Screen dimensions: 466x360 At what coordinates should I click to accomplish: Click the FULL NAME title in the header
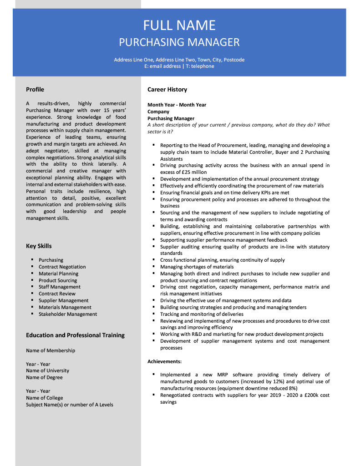[179, 25]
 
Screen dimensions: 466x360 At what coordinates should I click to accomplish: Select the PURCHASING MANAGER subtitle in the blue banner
[179, 42]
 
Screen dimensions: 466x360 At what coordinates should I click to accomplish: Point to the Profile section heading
[35, 90]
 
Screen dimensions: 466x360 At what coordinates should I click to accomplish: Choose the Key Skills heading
[39, 246]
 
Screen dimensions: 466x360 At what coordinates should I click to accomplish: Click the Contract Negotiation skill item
[62, 267]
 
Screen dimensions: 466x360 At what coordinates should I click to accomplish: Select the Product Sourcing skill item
[58, 280]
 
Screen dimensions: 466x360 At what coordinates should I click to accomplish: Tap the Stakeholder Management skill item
[68, 314]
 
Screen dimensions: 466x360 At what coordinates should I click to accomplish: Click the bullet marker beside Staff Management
[32, 287]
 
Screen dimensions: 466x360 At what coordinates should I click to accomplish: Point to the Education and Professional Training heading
[75, 335]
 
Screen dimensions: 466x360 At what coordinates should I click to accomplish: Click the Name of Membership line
[51, 351]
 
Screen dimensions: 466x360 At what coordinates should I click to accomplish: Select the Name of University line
[47, 371]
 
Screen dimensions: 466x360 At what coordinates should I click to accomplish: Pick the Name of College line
[45, 398]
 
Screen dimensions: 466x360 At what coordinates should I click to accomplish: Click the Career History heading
[167, 90]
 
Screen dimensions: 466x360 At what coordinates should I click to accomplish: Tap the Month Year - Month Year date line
[177, 105]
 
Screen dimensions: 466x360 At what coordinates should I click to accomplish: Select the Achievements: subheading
[164, 361]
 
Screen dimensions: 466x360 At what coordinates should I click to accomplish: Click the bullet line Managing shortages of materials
[197, 267]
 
